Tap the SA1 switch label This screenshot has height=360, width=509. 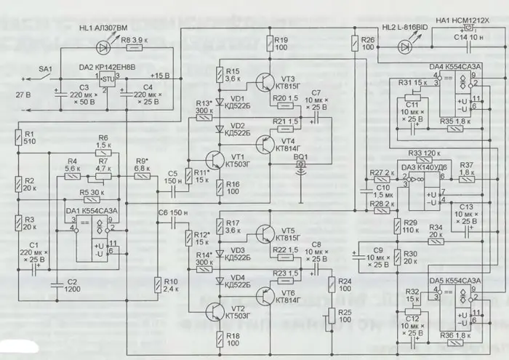45,69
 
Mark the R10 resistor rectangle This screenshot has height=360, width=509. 155,285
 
